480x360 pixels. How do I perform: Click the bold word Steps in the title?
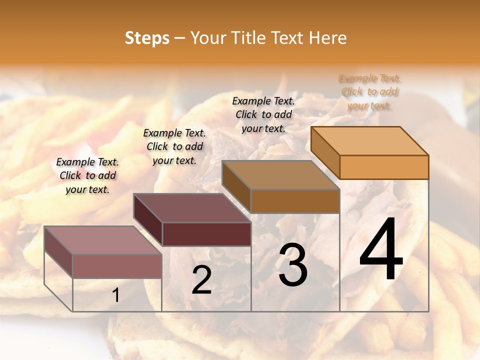pos(147,38)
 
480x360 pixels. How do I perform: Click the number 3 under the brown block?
pos(293,265)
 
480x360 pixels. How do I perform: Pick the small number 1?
pos(116,295)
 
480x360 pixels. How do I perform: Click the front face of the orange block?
pos(384,167)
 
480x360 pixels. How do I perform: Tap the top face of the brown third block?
pos(280,175)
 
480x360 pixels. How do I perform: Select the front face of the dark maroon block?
pos(206,234)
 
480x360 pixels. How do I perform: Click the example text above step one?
pos(87,175)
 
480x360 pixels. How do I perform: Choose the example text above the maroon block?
pos(174,146)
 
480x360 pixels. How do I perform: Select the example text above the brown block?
pos(263,114)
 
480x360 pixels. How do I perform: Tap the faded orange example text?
pos(369,92)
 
